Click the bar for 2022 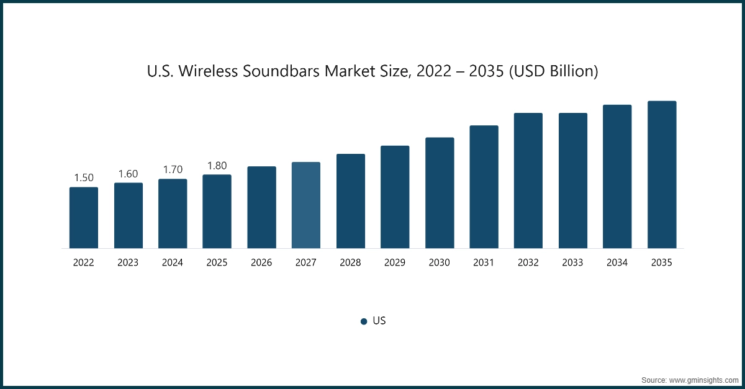coord(83,218)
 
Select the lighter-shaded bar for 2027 coord(306,205)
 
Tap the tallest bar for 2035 coord(662,174)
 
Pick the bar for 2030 coord(440,193)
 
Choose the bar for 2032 coord(528,181)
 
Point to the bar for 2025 coord(217,212)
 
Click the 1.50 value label coord(84,178)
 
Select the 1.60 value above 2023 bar coord(128,174)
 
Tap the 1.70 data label coord(173,169)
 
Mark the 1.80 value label coord(217,166)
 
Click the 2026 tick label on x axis coord(261,263)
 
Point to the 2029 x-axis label coord(395,263)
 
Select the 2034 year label coord(617,263)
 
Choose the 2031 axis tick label coord(484,263)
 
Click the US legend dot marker coord(364,321)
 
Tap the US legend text coord(379,321)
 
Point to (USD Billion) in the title coord(553,72)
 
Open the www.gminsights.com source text coord(705,379)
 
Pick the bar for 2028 coord(351,201)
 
